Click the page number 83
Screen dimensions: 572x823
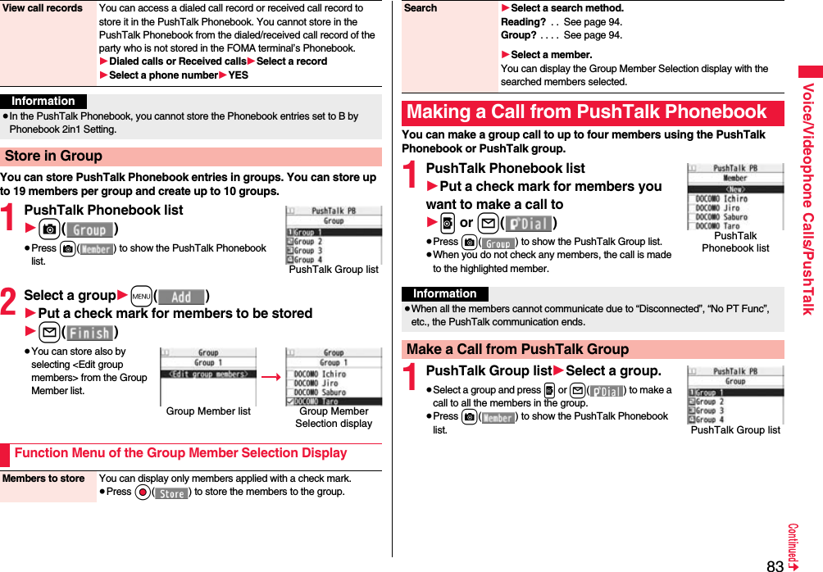pos(775,565)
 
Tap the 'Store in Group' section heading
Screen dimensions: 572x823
pos(53,156)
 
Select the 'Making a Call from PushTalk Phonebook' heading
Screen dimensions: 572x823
pos(587,112)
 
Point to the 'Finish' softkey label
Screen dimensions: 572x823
pos(89,333)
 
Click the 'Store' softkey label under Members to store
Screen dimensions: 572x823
pos(171,493)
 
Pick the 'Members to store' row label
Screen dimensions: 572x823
pos(48,479)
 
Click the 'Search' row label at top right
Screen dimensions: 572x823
pos(421,8)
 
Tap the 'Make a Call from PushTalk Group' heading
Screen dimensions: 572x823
pos(517,349)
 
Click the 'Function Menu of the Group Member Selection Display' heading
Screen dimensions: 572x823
pos(180,453)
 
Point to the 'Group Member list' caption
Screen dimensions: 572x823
pos(208,411)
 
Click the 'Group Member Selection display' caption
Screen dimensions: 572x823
pos(334,417)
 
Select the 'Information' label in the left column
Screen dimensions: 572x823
pos(43,102)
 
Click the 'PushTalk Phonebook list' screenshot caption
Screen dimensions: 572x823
pos(735,242)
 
